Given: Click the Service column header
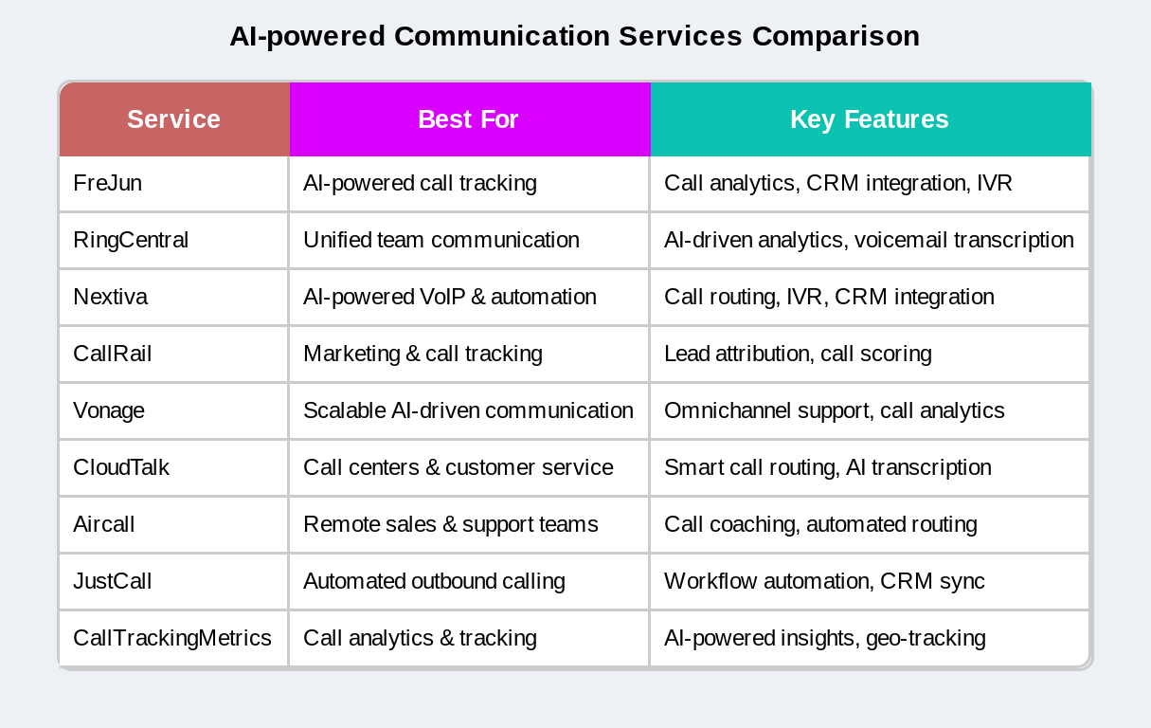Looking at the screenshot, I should pyautogui.click(x=173, y=119).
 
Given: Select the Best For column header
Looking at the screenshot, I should pyautogui.click(x=468, y=119).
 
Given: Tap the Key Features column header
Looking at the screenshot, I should pyautogui.click(x=869, y=119).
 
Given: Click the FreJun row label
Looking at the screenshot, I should pyautogui.click(x=108, y=183).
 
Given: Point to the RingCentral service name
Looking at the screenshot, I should pyautogui.click(x=131, y=240).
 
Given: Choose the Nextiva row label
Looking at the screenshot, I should pyautogui.click(x=110, y=297).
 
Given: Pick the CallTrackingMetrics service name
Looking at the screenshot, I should pyautogui.click(x=172, y=638).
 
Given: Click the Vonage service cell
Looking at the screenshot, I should pyautogui.click(x=109, y=410).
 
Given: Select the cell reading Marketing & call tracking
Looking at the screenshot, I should pyautogui.click(x=423, y=354).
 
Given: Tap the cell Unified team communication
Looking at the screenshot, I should pyautogui.click(x=441, y=240).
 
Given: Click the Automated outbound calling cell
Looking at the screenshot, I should pyautogui.click(x=434, y=581).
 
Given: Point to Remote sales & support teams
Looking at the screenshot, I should pyautogui.click(x=451, y=524).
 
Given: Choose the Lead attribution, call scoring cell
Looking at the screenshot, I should pyautogui.click(x=798, y=354).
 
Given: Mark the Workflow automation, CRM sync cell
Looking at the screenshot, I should pyautogui.click(x=824, y=581).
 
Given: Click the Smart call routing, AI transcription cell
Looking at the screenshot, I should pyautogui.click(x=828, y=467).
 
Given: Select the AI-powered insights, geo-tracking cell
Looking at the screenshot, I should pyautogui.click(x=825, y=638).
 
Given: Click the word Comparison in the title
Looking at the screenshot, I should pyautogui.click(x=836, y=36).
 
